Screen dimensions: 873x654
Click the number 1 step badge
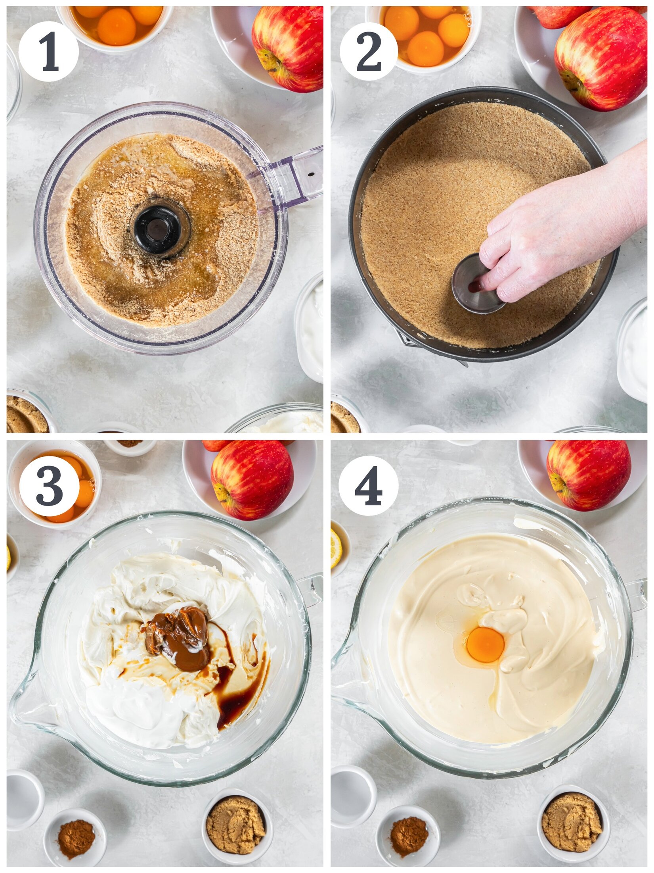(48, 52)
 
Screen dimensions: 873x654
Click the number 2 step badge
(368, 52)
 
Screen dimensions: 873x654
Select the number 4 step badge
(368, 486)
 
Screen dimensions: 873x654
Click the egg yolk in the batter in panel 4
(485, 644)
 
